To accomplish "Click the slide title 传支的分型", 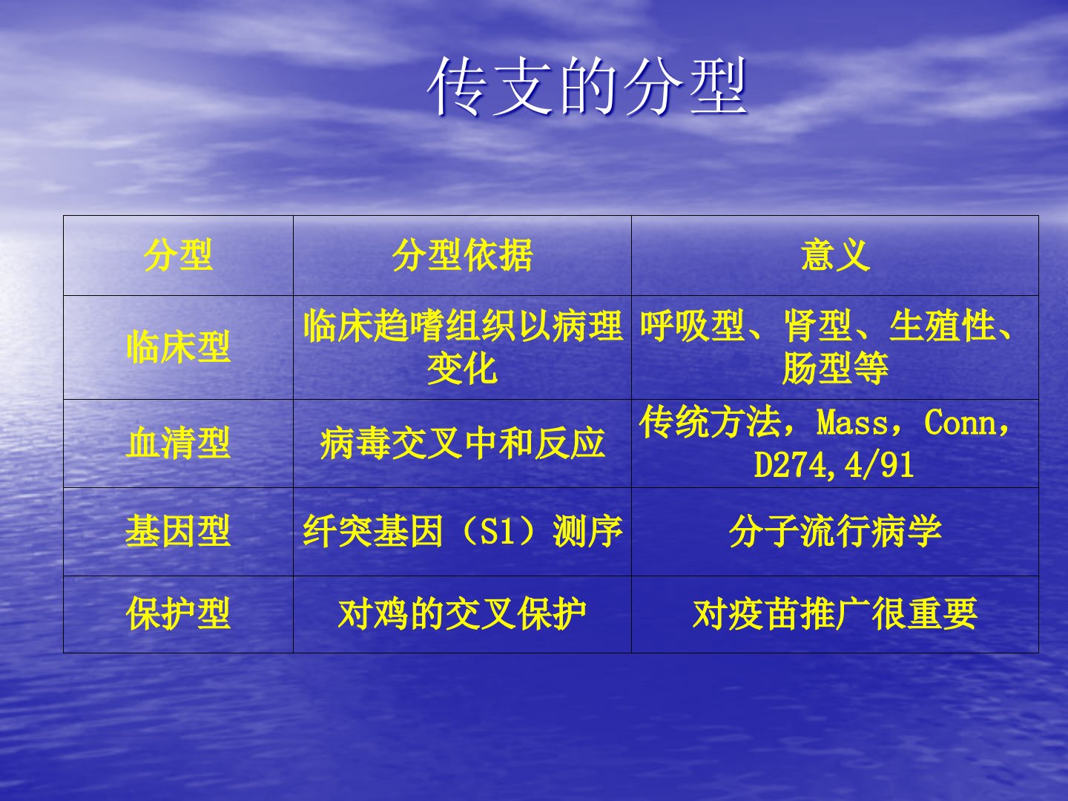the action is (587, 87).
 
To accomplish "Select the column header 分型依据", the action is (462, 255).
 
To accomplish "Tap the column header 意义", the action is (835, 255).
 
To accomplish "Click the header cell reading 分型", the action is (178, 255).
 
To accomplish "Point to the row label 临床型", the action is (178, 347).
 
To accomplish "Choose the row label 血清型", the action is (178, 443).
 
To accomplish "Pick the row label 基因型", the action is (178, 531).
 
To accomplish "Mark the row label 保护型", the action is (178, 614).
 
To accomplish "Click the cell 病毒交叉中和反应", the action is (462, 444).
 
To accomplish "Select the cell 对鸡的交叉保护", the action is (462, 614).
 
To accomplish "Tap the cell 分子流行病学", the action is (835, 531).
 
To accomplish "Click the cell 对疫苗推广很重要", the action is (835, 614).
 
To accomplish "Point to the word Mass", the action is (852, 422).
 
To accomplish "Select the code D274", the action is (790, 465).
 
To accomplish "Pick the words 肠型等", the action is (835, 368).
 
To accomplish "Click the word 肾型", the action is (818, 326).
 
